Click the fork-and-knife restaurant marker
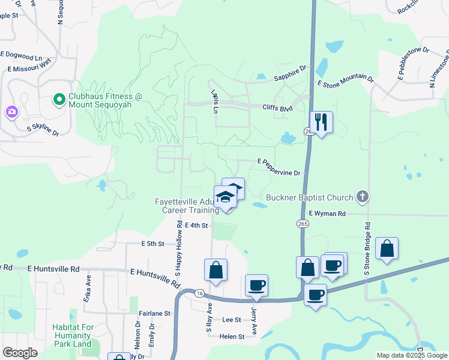(321, 122)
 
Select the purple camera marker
(11, 112)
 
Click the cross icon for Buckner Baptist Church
(362, 196)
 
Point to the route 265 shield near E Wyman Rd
(302, 223)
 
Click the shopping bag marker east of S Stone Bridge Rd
(387, 248)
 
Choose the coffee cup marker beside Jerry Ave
(256, 285)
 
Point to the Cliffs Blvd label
(277, 108)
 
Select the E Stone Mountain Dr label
(345, 82)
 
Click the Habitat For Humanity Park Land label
(71, 335)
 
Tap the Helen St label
(232, 337)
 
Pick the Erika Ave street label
(88, 292)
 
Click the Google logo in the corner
(20, 352)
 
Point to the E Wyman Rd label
(327, 213)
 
